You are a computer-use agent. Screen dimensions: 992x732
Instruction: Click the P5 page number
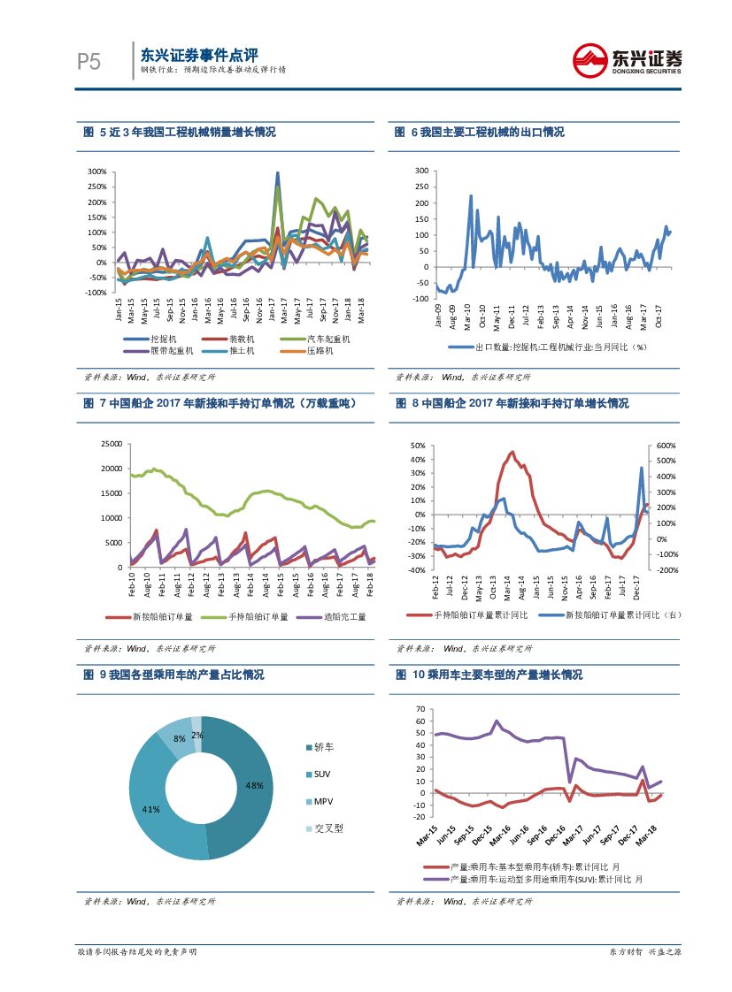pos(88,62)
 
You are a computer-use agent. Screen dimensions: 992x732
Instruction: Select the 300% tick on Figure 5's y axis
pos(97,172)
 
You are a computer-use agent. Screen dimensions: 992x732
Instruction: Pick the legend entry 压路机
pos(322,351)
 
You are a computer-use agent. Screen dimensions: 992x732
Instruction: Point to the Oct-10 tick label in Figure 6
pos(482,317)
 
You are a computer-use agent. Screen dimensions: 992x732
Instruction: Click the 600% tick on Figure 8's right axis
pos(667,446)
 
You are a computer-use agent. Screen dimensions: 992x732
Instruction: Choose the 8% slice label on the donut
pos(179,738)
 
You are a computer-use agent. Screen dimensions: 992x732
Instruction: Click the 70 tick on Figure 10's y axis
pos(420,709)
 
